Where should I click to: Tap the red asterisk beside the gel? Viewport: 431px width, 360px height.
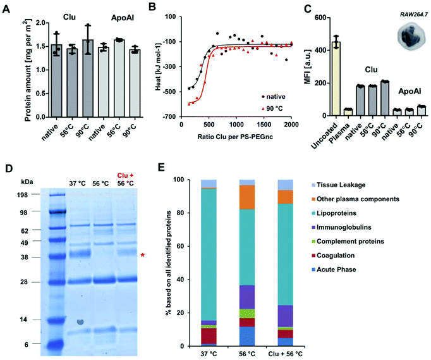tap(143, 255)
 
